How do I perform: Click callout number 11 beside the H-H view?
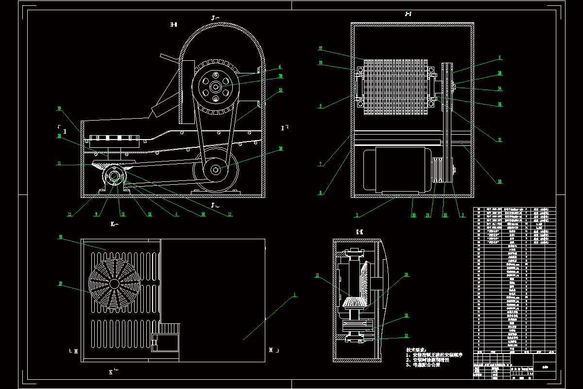(x=59, y=164)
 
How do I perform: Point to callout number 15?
(x=69, y=214)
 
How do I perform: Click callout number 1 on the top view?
(x=294, y=295)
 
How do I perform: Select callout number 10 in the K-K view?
(x=317, y=276)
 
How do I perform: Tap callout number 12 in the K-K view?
(x=406, y=336)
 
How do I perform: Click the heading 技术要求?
(x=416, y=350)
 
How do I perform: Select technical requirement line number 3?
(x=423, y=365)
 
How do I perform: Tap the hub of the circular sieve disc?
(x=114, y=283)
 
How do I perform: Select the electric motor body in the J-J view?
(x=394, y=170)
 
